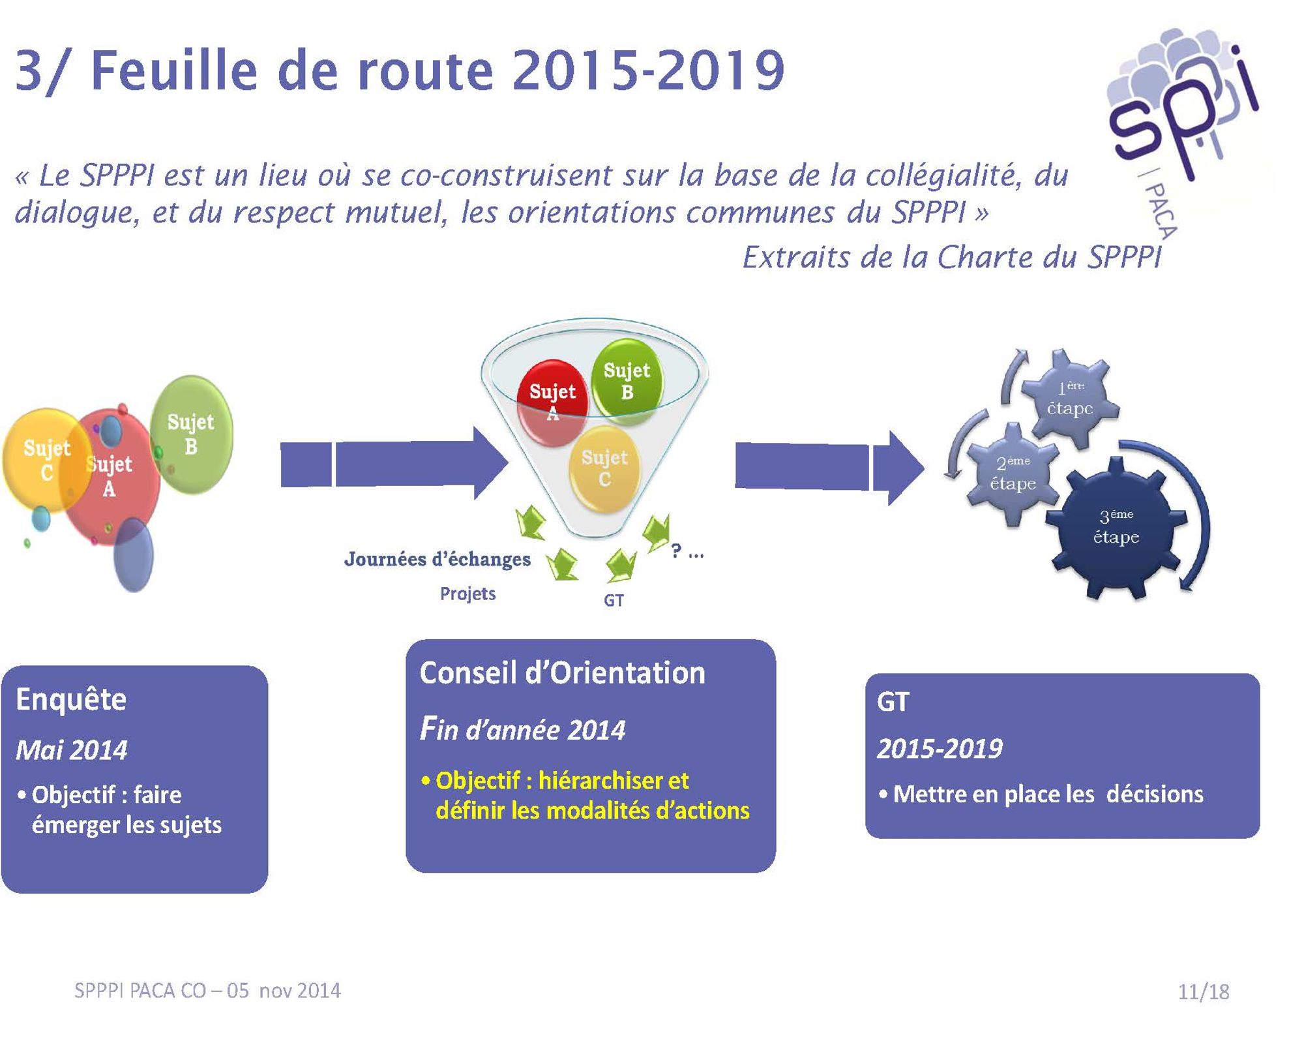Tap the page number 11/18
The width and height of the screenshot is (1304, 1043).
tap(1203, 992)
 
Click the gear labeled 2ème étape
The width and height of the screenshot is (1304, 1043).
tap(1013, 473)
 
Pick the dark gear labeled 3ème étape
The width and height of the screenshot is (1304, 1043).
tap(1116, 527)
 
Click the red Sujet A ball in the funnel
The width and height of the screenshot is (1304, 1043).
tap(553, 403)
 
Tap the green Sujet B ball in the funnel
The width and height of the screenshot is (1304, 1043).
tap(627, 382)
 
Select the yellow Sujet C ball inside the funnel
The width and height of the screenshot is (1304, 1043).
tap(604, 468)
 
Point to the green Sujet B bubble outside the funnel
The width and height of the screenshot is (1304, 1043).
tap(191, 434)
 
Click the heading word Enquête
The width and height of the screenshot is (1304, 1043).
tap(71, 700)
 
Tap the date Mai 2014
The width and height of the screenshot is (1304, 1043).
tap(72, 751)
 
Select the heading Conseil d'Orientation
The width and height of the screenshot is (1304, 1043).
tap(562, 673)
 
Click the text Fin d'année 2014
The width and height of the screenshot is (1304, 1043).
tap(522, 729)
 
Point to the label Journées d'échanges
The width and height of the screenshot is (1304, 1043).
tap(437, 559)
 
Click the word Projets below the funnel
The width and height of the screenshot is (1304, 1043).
tap(467, 594)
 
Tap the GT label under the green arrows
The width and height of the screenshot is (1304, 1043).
tap(614, 600)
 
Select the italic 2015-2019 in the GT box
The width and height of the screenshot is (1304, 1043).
tap(940, 749)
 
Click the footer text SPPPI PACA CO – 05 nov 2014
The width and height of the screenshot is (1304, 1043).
tap(207, 991)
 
